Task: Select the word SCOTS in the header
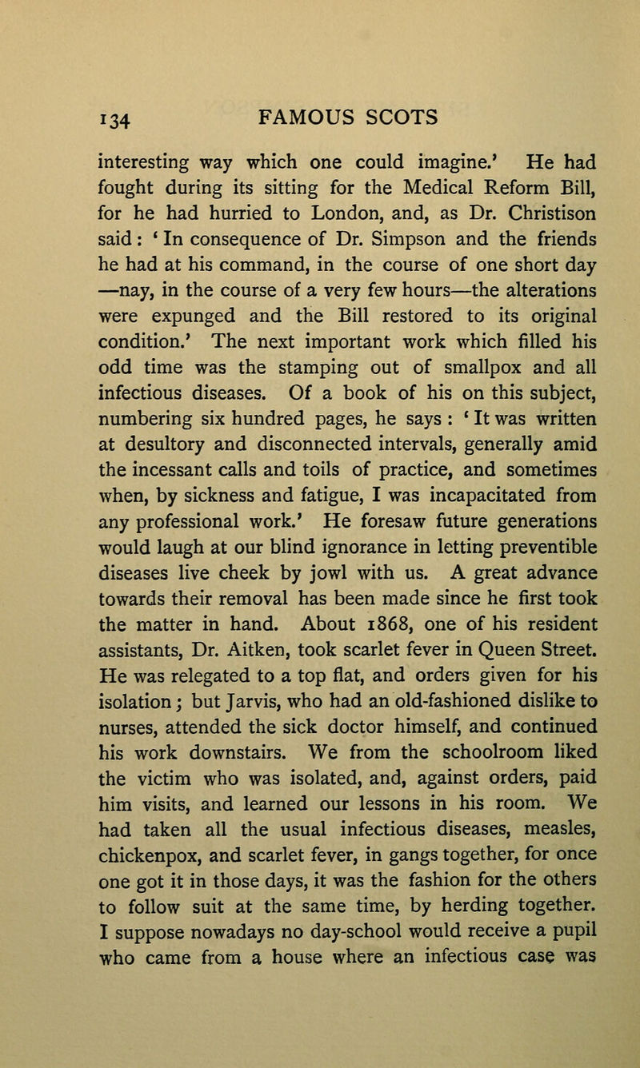pos(399,118)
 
